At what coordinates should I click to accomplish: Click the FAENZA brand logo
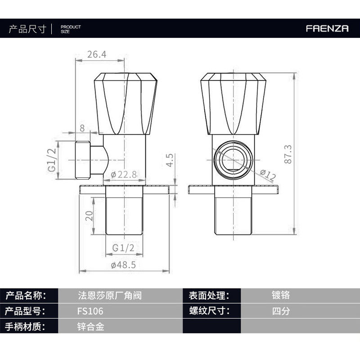tap(327, 28)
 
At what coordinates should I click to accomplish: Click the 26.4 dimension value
tap(97, 54)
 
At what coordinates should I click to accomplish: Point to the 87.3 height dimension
tap(288, 154)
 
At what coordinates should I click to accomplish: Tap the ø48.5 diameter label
tap(123, 265)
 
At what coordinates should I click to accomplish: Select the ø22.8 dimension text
tap(124, 175)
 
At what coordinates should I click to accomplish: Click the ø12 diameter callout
tap(268, 175)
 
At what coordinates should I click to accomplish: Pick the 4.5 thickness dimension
tap(170, 160)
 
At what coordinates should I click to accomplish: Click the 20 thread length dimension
tap(89, 216)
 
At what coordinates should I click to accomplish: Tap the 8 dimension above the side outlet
tap(82, 128)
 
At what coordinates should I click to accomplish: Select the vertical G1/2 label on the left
tap(52, 160)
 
